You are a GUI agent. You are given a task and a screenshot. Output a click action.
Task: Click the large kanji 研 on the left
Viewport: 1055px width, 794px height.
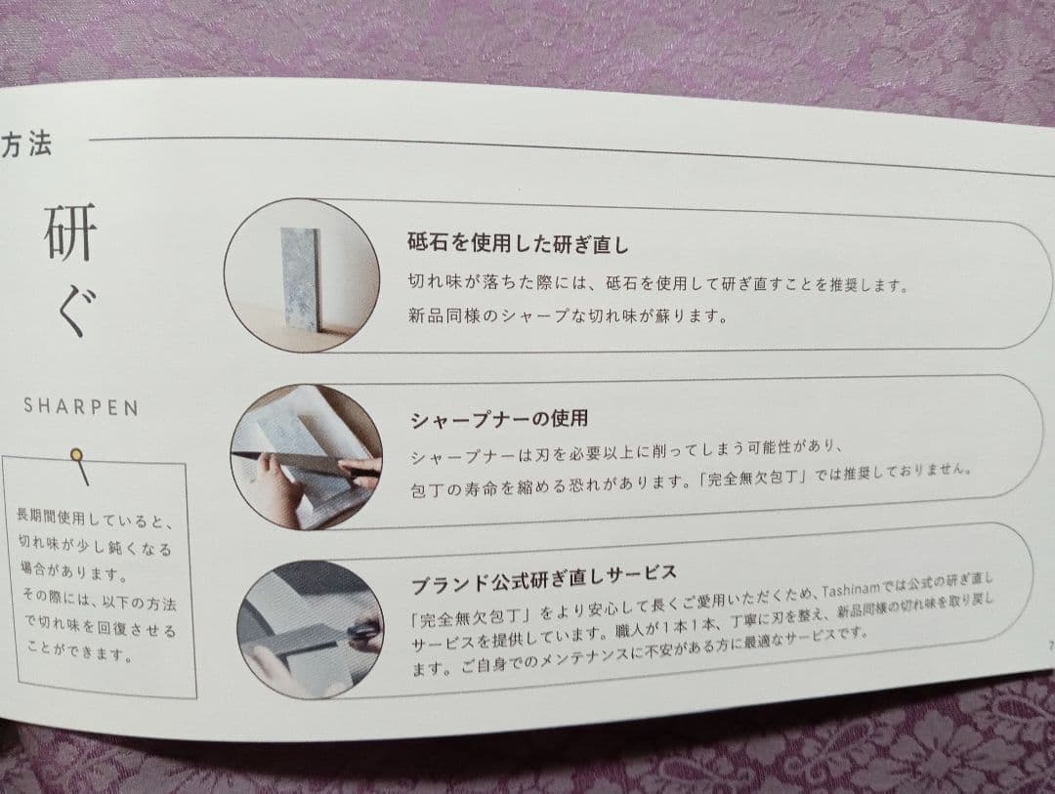70,232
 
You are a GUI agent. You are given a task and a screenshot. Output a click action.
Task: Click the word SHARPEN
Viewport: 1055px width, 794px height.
81,406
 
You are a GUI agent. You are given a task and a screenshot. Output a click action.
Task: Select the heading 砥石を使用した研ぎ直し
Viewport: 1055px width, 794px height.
518,242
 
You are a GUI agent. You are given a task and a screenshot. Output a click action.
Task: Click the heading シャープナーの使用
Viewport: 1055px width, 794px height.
499,420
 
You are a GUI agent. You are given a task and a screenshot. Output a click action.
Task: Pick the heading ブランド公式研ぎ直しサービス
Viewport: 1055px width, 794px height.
544,579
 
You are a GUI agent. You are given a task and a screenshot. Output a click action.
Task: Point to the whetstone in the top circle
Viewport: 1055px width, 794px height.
300,278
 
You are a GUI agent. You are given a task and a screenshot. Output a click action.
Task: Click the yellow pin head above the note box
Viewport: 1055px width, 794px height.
77,456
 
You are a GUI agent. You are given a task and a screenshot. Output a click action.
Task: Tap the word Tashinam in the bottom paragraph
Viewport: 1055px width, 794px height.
851,590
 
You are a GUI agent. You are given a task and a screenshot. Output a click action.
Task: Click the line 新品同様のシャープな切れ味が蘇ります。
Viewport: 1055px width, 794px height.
568,314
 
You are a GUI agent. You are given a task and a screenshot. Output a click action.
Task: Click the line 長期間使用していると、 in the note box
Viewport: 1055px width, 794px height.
95,519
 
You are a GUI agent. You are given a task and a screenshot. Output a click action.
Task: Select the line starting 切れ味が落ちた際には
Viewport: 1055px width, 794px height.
658,283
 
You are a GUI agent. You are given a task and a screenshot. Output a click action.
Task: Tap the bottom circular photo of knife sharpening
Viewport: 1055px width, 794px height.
311,629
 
